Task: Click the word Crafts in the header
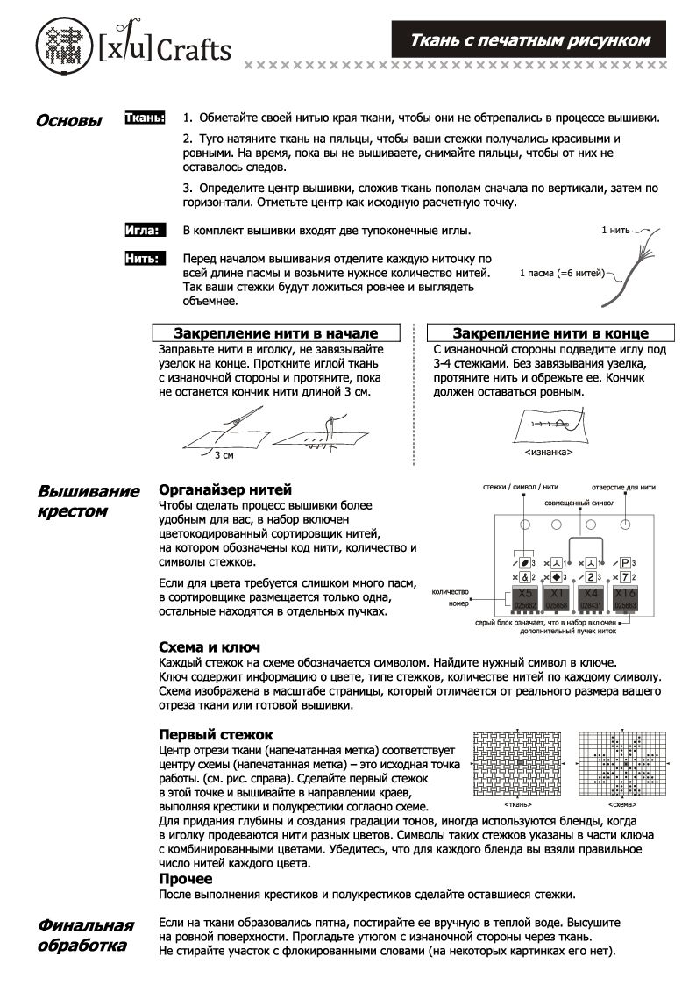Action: coord(194,49)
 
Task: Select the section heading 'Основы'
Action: coord(68,121)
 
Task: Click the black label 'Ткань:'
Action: coord(146,117)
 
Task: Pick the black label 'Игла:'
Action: coord(145,231)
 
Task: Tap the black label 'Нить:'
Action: coord(145,259)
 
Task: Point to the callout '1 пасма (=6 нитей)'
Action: coord(562,273)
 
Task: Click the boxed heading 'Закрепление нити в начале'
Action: coord(276,333)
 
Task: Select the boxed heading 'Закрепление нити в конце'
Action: coord(550,333)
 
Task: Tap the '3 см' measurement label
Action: coord(224,455)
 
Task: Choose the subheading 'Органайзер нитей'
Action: coord(224,489)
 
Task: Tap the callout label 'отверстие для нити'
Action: coord(623,486)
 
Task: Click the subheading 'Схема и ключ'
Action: coord(209,646)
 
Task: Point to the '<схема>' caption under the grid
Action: coord(622,803)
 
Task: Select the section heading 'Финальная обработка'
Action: coord(85,936)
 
